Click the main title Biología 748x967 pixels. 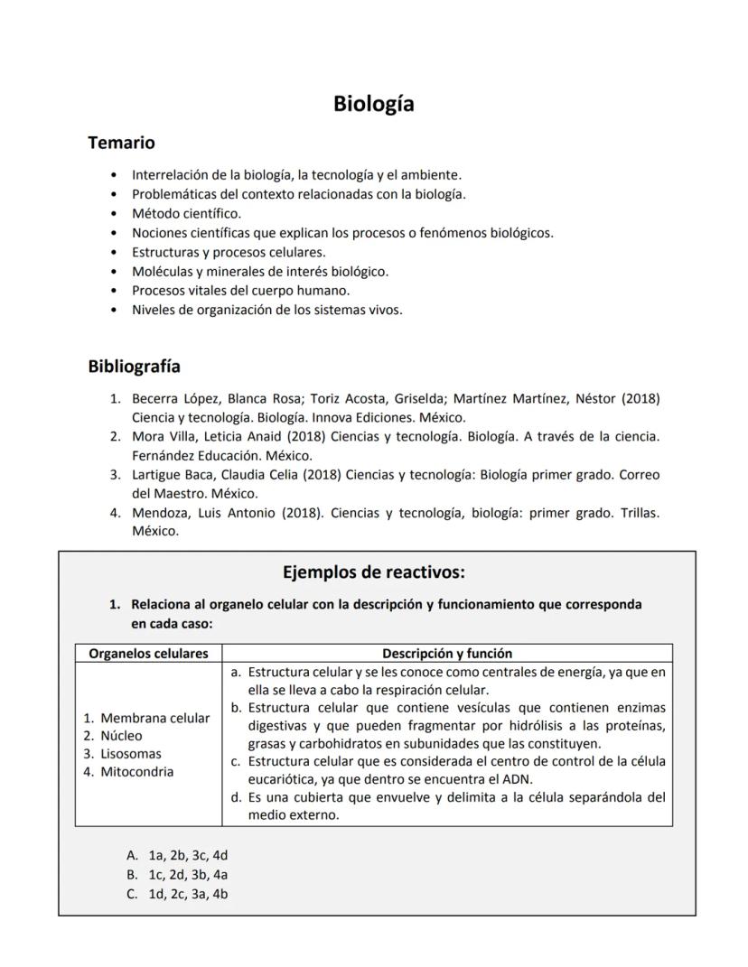373,104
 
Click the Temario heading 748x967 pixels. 121,143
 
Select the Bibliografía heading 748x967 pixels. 134,367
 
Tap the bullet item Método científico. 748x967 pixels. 186,214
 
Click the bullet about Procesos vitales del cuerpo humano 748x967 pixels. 240,291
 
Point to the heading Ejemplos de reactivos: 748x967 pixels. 373,572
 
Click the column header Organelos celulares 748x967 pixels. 148,654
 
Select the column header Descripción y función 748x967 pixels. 446,654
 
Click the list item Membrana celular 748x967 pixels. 154,719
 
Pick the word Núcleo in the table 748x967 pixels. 121,736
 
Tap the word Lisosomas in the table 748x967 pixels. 130,754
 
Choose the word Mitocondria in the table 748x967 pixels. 136,772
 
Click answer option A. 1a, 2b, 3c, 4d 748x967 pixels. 177,855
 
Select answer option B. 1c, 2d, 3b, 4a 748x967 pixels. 177,874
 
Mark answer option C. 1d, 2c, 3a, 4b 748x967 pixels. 177,894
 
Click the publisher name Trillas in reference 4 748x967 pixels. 638,513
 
